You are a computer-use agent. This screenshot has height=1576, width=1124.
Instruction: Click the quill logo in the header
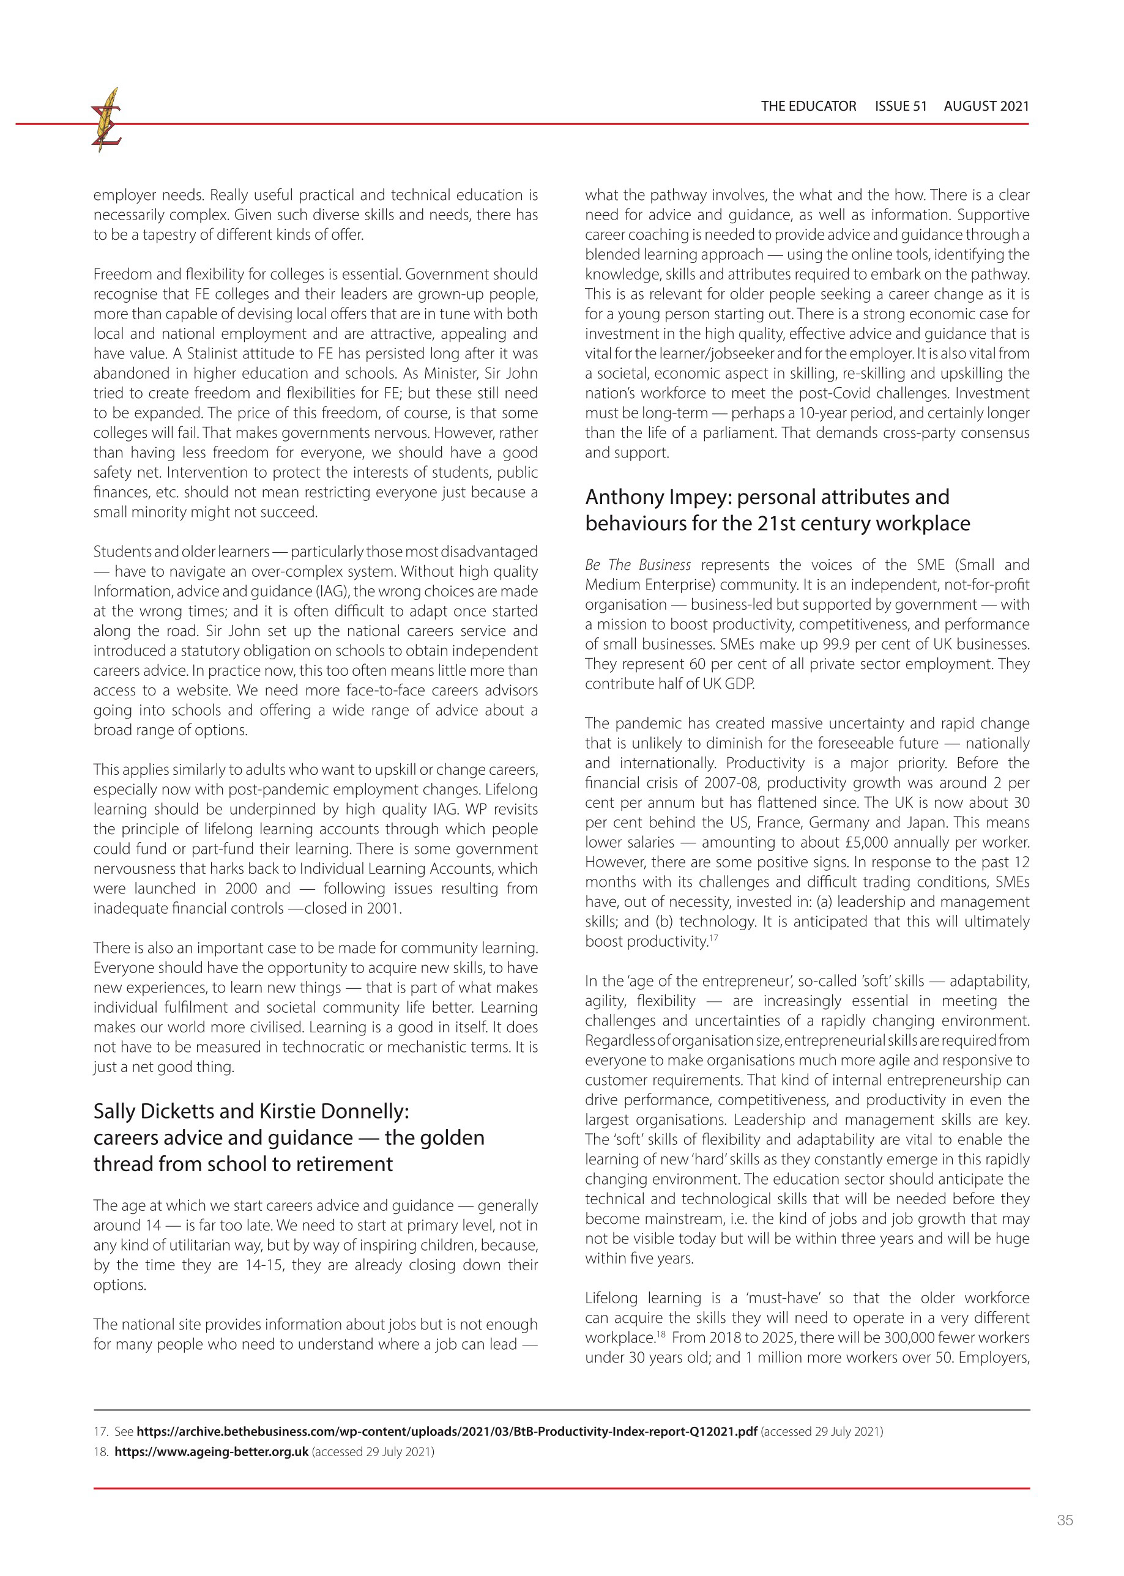[x=106, y=120]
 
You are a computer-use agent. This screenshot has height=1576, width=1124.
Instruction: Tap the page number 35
[x=1065, y=1520]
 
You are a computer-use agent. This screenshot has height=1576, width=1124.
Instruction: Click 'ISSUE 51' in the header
[x=901, y=106]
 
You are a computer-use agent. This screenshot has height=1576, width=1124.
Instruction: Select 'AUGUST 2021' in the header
[x=986, y=106]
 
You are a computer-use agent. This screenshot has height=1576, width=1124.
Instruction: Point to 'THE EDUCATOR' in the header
[x=808, y=106]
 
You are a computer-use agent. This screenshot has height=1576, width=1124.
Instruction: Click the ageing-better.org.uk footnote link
[x=211, y=1451]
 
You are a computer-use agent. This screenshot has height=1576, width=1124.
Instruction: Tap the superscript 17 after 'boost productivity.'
[x=713, y=938]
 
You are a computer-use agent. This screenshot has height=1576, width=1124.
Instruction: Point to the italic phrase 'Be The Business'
[x=638, y=565]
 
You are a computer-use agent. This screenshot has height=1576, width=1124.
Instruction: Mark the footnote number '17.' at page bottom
[x=101, y=1432]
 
